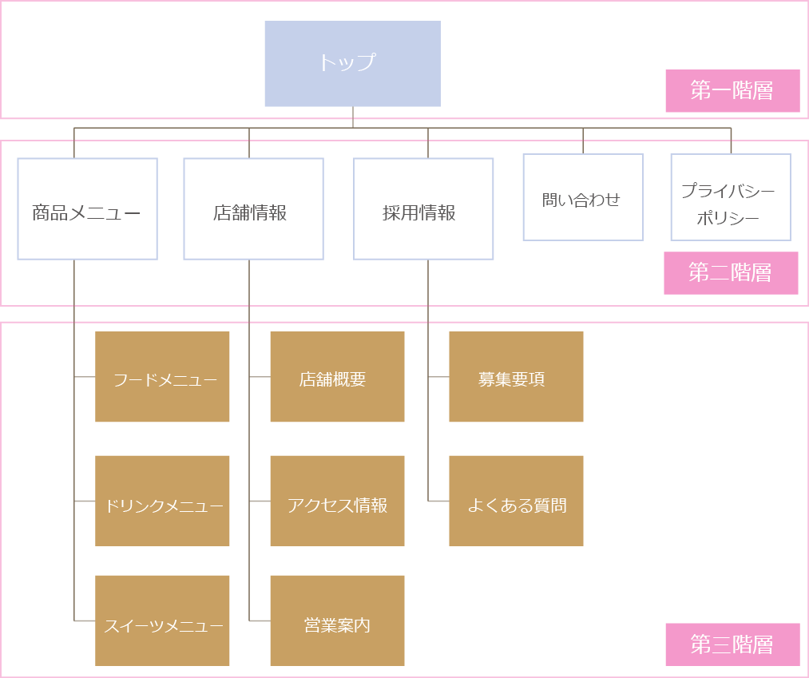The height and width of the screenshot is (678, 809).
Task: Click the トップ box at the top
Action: pyautogui.click(x=352, y=64)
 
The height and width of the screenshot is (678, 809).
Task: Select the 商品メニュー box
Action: pyautogui.click(x=87, y=208)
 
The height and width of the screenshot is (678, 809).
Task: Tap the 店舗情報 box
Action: pyautogui.click(x=253, y=208)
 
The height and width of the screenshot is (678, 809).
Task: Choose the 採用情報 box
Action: pyautogui.click(x=423, y=208)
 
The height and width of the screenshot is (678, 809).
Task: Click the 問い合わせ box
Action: pyautogui.click(x=582, y=197)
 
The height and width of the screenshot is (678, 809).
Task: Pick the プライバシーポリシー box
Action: pyautogui.click(x=730, y=197)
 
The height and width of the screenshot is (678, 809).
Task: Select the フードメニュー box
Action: pyautogui.click(x=162, y=377)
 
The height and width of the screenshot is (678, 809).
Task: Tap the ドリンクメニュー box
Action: pyautogui.click(x=162, y=501)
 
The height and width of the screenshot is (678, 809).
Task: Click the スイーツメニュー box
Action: pyautogui.click(x=162, y=621)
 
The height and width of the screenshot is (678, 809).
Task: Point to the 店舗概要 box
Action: pyautogui.click(x=337, y=377)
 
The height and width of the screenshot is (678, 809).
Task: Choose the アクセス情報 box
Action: pyautogui.click(x=337, y=501)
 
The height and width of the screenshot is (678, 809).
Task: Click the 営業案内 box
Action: pyautogui.click(x=337, y=621)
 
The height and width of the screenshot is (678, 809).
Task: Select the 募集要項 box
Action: pyautogui.click(x=516, y=377)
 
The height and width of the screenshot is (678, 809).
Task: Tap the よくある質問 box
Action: pyautogui.click(x=516, y=501)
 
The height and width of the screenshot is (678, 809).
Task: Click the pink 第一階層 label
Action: pyautogui.click(x=732, y=91)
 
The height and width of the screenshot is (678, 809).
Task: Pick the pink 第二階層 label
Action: pyautogui.click(x=731, y=273)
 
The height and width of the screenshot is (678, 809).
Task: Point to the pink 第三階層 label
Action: pyautogui.click(x=732, y=644)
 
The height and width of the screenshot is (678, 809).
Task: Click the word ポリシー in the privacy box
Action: pyautogui.click(x=728, y=218)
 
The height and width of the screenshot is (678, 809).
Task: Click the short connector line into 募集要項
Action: pyautogui.click(x=438, y=377)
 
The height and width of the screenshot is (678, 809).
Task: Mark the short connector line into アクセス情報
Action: pyautogui.click(x=260, y=501)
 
